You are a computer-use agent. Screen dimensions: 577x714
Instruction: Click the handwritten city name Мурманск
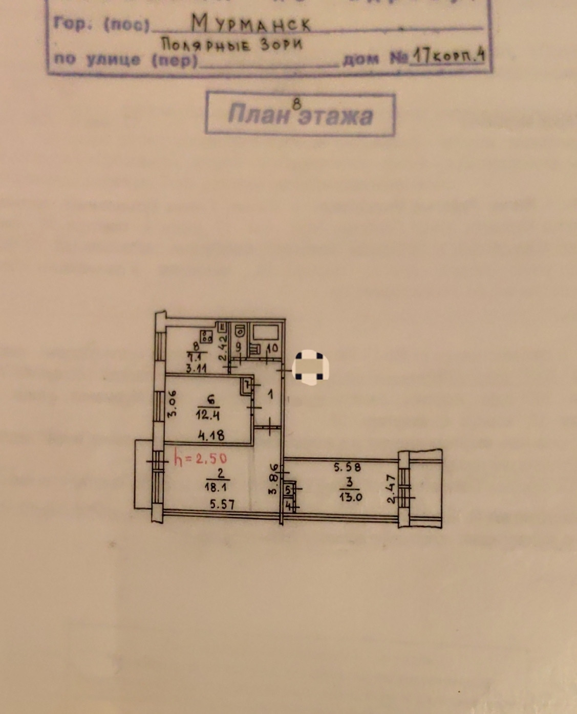click(x=251, y=23)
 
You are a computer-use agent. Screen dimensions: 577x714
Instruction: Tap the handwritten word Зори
click(x=282, y=45)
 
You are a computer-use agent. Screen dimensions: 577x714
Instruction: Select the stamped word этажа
click(x=335, y=116)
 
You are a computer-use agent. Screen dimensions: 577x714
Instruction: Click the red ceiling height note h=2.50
click(x=200, y=458)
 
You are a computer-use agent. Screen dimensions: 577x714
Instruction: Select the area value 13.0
click(x=350, y=495)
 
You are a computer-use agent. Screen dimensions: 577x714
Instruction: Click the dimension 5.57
click(x=222, y=505)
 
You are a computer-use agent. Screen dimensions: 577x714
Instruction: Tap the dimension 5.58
click(x=348, y=467)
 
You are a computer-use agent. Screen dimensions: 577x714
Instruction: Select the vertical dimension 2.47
click(x=391, y=490)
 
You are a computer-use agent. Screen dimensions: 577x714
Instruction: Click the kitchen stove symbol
click(x=207, y=336)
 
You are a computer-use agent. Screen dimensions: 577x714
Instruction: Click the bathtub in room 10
click(x=265, y=333)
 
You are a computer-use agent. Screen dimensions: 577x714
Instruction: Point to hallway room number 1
click(x=271, y=394)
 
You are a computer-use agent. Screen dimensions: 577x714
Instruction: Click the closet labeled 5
click(x=288, y=490)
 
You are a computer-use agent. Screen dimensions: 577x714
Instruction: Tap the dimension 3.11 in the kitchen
click(x=196, y=367)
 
